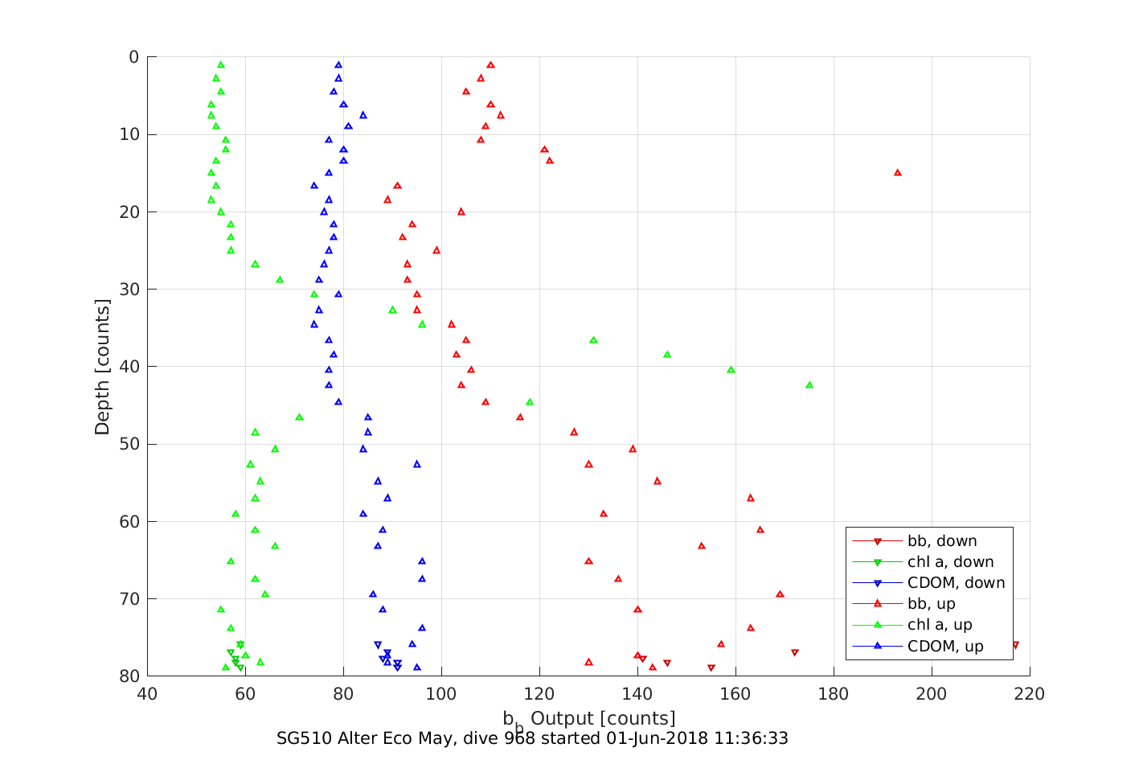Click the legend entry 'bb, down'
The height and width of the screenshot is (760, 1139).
click(942, 541)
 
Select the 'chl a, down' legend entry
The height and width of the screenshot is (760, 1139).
click(950, 562)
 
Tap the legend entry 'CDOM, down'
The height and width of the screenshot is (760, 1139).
click(956, 583)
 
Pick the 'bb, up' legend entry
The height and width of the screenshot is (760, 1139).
click(931, 604)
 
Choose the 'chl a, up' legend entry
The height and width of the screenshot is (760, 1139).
click(939, 625)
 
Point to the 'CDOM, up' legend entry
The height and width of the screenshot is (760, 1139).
click(945, 647)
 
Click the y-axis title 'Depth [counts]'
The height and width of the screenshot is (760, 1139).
click(102, 367)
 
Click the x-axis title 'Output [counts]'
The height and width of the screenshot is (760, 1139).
click(602, 718)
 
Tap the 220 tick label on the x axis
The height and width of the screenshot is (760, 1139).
click(1030, 694)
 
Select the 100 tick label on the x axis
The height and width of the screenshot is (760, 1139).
click(441, 694)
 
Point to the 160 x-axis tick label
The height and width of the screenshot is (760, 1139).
click(735, 694)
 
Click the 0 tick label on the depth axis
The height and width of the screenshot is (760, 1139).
click(133, 57)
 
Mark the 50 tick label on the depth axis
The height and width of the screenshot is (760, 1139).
click(129, 444)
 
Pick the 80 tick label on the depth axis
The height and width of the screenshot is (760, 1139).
click(129, 676)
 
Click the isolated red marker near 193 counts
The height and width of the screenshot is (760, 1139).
click(898, 173)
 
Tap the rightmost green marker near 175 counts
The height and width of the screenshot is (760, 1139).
click(809, 385)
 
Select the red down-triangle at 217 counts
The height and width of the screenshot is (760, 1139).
click(1015, 645)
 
